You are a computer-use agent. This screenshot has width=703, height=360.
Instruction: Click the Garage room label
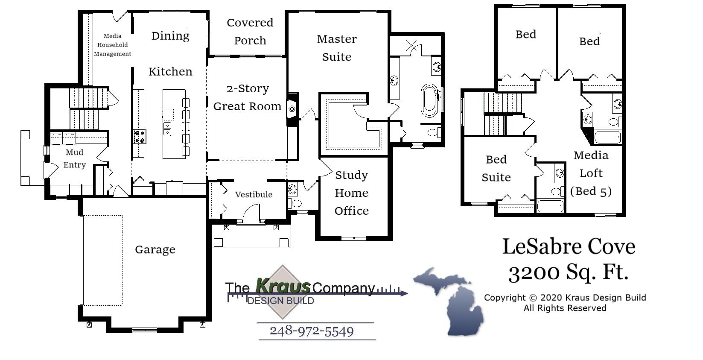[155, 249]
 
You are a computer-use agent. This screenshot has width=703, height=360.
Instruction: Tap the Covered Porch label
[250, 32]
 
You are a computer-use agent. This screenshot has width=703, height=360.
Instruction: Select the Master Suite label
[337, 48]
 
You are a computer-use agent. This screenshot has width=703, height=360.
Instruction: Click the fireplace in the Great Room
[292, 109]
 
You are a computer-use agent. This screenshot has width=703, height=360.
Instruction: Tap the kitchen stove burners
[140, 137]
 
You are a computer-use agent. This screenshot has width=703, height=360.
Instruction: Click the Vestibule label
[254, 194]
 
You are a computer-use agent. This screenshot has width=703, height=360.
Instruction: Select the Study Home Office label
[351, 193]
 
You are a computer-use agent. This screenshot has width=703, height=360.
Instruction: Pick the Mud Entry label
[75, 158]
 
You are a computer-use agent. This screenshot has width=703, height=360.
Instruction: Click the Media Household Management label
[112, 45]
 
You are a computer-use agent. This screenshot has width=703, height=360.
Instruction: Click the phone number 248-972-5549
[312, 331]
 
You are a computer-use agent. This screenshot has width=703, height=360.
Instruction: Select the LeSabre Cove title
[568, 246]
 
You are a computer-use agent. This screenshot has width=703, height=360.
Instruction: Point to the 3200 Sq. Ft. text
[568, 272]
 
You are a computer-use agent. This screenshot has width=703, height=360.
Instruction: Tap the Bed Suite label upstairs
[496, 168]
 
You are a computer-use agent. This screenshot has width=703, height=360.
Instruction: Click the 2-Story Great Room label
[247, 97]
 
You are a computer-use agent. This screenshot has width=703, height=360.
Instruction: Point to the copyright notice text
[565, 303]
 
